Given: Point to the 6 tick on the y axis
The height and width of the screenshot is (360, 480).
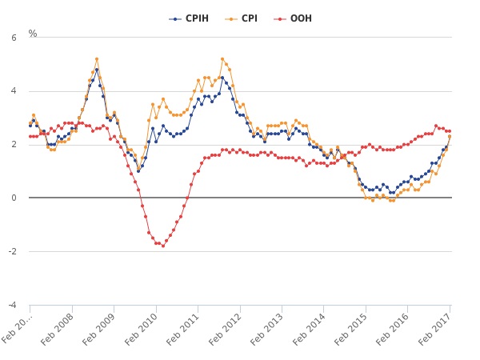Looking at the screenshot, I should click(14, 38).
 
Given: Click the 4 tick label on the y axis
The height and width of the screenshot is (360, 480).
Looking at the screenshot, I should click(14, 91).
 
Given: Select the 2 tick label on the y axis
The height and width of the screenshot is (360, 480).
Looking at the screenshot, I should click(14, 145).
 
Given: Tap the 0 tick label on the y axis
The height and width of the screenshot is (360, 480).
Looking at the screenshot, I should click(14, 198).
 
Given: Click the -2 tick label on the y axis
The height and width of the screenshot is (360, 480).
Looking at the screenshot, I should click(12, 252).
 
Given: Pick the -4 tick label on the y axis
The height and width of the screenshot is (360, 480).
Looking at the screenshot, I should click(12, 306).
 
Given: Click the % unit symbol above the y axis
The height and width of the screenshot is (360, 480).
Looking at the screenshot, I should click(33, 34).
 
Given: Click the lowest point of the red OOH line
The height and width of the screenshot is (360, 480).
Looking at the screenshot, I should click(162, 246).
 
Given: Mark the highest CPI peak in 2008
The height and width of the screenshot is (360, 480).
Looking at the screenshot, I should click(97, 58).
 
